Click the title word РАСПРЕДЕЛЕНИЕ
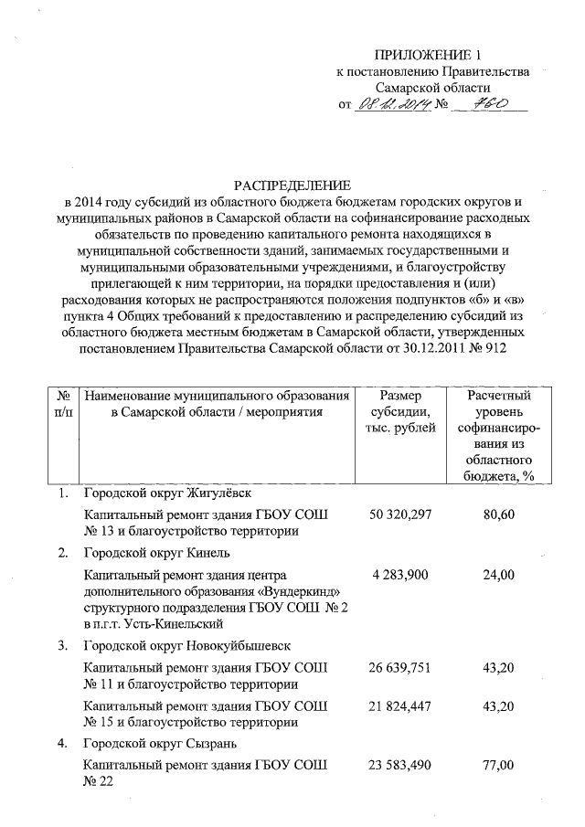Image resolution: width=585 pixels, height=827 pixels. pyautogui.click(x=292, y=184)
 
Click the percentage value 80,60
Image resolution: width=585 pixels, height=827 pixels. pyautogui.click(x=500, y=514)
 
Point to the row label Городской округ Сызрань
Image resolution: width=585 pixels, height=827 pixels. pyautogui.click(x=160, y=744)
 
